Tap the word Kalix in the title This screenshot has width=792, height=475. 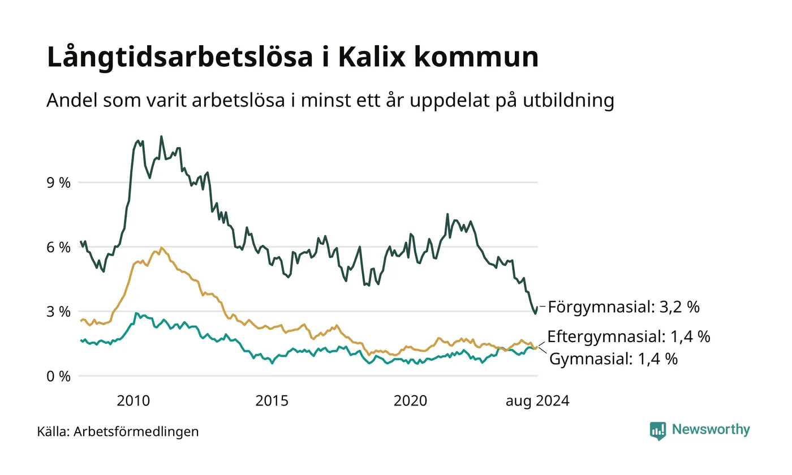(x=372, y=57)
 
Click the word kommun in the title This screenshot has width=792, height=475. (x=476, y=57)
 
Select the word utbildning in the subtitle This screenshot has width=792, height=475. (x=568, y=101)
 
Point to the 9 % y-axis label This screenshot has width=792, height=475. (x=59, y=183)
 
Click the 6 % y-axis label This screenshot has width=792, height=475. (x=59, y=247)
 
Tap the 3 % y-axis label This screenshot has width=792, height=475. (x=59, y=312)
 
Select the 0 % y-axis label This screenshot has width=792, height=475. (x=59, y=377)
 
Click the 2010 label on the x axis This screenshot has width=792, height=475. (x=134, y=401)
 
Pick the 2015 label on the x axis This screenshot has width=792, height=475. (x=272, y=401)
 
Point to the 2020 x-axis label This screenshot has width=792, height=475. (x=411, y=401)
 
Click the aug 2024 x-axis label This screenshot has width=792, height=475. (x=537, y=401)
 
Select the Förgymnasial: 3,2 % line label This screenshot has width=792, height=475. (x=623, y=306)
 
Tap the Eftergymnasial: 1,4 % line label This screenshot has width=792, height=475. (x=629, y=336)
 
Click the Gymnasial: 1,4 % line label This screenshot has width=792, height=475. (x=613, y=359)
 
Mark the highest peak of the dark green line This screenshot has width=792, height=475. (x=161, y=136)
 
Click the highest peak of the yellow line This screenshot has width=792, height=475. (x=161, y=248)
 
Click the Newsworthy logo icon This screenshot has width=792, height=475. (x=657, y=431)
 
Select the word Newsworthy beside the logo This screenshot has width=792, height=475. (x=711, y=429)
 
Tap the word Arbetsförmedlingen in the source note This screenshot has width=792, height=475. (x=136, y=432)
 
